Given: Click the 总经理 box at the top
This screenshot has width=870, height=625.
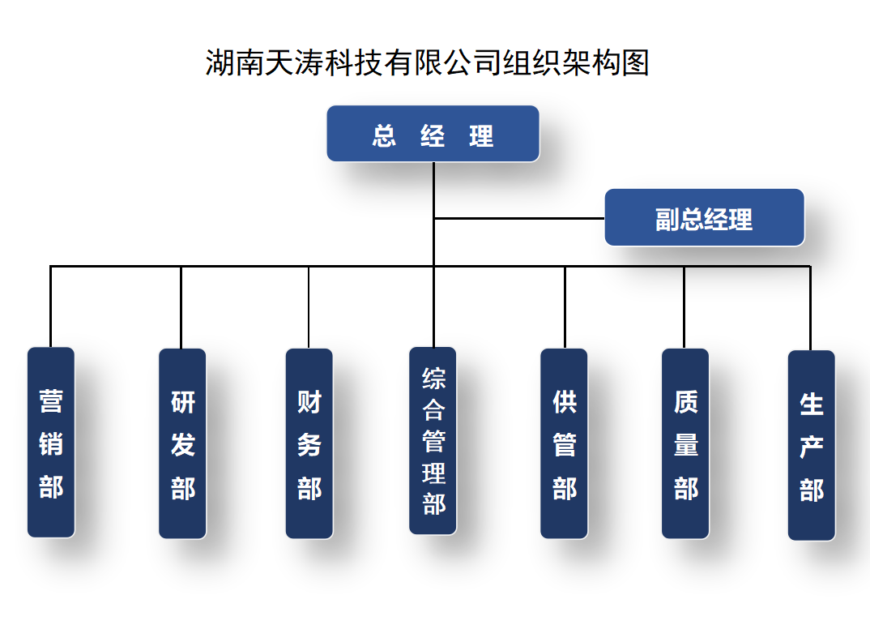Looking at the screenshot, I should (433, 134).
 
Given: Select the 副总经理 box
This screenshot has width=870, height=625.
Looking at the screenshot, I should (704, 217).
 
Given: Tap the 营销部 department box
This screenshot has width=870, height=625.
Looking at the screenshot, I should (51, 442).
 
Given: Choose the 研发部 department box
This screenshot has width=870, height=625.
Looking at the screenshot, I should (182, 443).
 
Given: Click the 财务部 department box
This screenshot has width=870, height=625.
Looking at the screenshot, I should (309, 443).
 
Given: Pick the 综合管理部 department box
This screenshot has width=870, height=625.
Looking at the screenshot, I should (433, 440).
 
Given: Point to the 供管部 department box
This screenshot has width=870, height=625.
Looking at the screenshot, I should (564, 443).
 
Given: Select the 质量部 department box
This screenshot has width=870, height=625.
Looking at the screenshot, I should (685, 443).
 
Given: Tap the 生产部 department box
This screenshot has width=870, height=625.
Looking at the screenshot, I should (811, 444).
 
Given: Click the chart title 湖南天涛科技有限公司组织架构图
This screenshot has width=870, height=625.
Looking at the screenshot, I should (428, 62).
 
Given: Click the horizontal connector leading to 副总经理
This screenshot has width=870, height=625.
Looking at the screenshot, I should (518, 218).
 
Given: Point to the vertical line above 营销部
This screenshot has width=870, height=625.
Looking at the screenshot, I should (50, 306).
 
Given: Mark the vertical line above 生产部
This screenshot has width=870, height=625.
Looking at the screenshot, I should (810, 308).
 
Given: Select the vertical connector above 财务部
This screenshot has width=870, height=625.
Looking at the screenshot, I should (309, 306).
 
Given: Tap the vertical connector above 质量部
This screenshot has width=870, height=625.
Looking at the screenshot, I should (684, 306).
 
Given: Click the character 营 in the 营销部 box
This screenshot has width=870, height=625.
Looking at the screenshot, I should (51, 401).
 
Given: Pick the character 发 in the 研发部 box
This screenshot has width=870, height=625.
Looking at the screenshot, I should (183, 444).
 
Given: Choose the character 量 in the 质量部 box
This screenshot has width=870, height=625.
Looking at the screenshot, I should (686, 444).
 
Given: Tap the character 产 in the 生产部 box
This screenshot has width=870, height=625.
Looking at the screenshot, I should (812, 447).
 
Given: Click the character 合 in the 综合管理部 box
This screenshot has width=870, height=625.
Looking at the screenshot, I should (433, 410).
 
